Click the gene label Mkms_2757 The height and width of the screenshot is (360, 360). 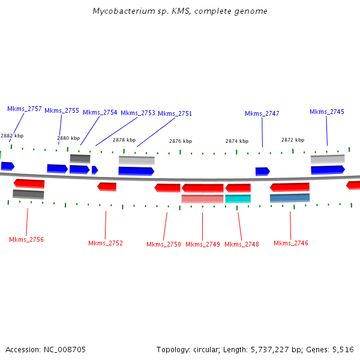point(25,109)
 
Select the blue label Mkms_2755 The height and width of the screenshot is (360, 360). point(62,110)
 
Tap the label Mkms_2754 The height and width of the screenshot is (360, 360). point(100,112)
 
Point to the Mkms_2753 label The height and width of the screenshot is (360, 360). point(138,113)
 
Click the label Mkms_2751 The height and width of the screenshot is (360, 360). point(175,113)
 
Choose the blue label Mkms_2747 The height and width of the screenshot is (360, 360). point(262,113)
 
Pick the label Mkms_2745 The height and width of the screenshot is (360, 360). point(327,112)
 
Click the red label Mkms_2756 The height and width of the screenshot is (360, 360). point(26,239)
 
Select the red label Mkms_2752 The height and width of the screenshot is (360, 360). point(106,243)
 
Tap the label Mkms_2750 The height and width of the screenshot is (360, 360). point(164,244)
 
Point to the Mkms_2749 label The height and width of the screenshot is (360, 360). point(203,244)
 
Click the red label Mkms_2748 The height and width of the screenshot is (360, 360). point(242,244)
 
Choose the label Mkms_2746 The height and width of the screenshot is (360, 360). point(291,243)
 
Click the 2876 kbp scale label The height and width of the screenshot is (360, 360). point(181,141)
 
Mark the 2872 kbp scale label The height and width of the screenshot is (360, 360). point(293,140)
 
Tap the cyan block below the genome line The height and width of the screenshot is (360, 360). point(238,199)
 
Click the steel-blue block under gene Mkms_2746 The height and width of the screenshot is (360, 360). point(290,197)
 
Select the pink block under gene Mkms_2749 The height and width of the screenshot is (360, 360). point(202,199)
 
